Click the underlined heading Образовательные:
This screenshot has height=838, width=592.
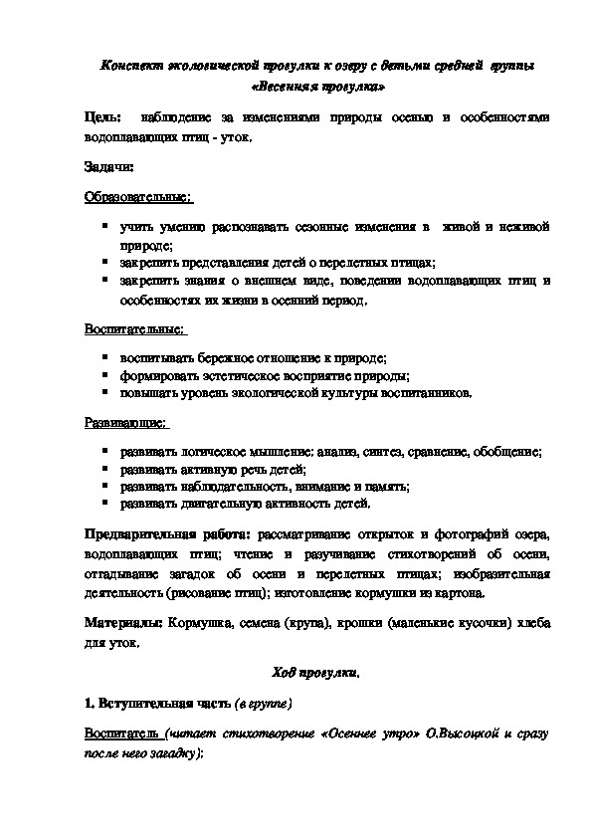(x=137, y=198)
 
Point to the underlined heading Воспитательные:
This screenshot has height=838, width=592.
(x=134, y=327)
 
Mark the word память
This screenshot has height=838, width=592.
(x=389, y=487)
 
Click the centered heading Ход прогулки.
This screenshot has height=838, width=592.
(x=315, y=673)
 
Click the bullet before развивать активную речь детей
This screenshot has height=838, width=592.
(x=104, y=469)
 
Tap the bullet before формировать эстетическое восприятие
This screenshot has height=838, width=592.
(x=104, y=374)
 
